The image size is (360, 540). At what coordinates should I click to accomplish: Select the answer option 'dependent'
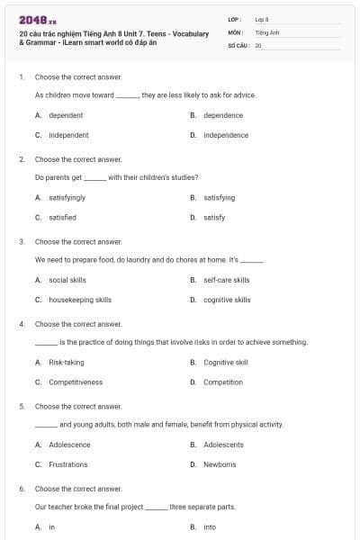pos(66,115)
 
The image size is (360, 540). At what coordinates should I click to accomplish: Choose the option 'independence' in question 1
pos(225,135)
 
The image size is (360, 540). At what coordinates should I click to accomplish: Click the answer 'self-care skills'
pos(226,280)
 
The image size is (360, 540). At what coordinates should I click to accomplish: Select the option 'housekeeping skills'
pos(80,300)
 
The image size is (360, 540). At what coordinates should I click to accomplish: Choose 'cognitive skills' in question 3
pos(227,300)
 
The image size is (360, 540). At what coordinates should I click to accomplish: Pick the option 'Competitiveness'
pos(76,382)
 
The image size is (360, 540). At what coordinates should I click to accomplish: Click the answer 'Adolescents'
pos(223,445)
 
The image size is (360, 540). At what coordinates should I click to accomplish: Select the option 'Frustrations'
pos(68,464)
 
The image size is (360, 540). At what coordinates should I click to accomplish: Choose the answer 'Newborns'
pos(220,464)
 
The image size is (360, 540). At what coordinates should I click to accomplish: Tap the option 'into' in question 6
pos(210,526)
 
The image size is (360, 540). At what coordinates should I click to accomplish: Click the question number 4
pos(22,323)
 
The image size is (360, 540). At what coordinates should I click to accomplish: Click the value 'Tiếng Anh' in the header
pos(267,31)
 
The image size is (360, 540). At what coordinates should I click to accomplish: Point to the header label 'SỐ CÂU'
pos(238,44)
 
